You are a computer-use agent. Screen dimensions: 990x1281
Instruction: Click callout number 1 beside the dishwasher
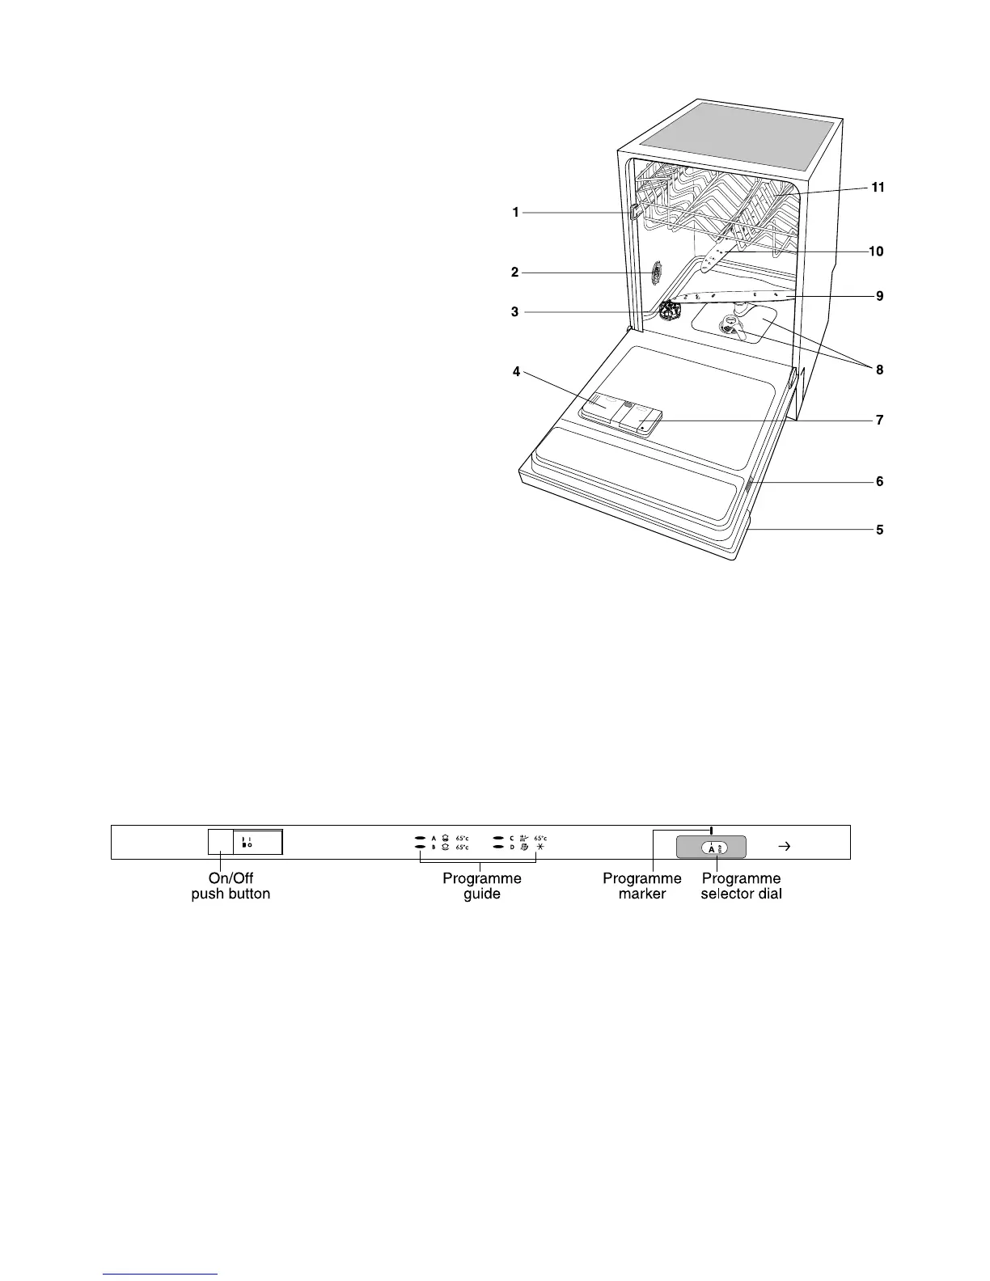(515, 213)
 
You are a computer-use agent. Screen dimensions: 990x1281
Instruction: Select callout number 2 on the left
(515, 273)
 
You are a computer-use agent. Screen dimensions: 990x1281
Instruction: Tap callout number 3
(515, 312)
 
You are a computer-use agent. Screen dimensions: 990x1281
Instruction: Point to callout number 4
(515, 373)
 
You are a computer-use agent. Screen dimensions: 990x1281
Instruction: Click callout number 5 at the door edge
(880, 531)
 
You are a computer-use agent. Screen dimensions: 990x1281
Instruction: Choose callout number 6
(880, 482)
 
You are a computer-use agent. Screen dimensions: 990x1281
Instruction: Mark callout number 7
(880, 421)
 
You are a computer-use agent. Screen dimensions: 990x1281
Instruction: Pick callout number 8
(880, 370)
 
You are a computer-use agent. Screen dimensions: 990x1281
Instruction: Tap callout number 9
(880, 297)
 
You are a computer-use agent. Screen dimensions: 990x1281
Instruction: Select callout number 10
(876, 252)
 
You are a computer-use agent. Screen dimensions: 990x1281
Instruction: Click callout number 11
(878, 188)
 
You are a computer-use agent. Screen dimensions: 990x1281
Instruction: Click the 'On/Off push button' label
(231, 886)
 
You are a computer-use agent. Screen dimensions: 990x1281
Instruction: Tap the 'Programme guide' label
(482, 886)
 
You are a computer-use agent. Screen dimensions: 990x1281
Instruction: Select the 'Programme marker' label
(642, 886)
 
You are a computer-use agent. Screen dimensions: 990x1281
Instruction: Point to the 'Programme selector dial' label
(741, 886)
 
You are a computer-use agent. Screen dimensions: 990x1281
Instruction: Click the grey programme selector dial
(712, 848)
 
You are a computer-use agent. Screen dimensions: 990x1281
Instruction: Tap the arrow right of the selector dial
(783, 847)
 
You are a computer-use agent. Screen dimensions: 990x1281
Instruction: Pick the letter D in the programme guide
(512, 848)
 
